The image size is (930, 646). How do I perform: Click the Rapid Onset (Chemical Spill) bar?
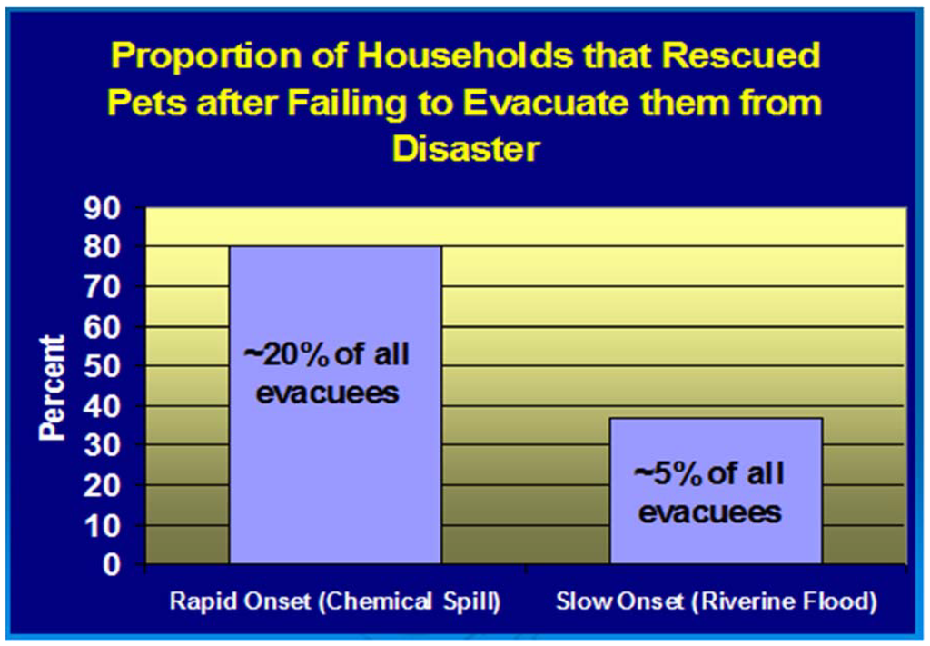[x=335, y=404]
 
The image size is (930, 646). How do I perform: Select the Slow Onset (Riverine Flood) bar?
[x=716, y=491]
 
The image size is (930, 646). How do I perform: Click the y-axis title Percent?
[x=52, y=389]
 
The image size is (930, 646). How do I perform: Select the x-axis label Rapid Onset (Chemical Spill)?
[x=335, y=602]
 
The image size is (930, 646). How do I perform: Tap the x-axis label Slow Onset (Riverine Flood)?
[x=716, y=602]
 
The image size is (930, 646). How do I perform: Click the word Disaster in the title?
[x=466, y=148]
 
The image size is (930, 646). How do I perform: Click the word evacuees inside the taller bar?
[x=327, y=393]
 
